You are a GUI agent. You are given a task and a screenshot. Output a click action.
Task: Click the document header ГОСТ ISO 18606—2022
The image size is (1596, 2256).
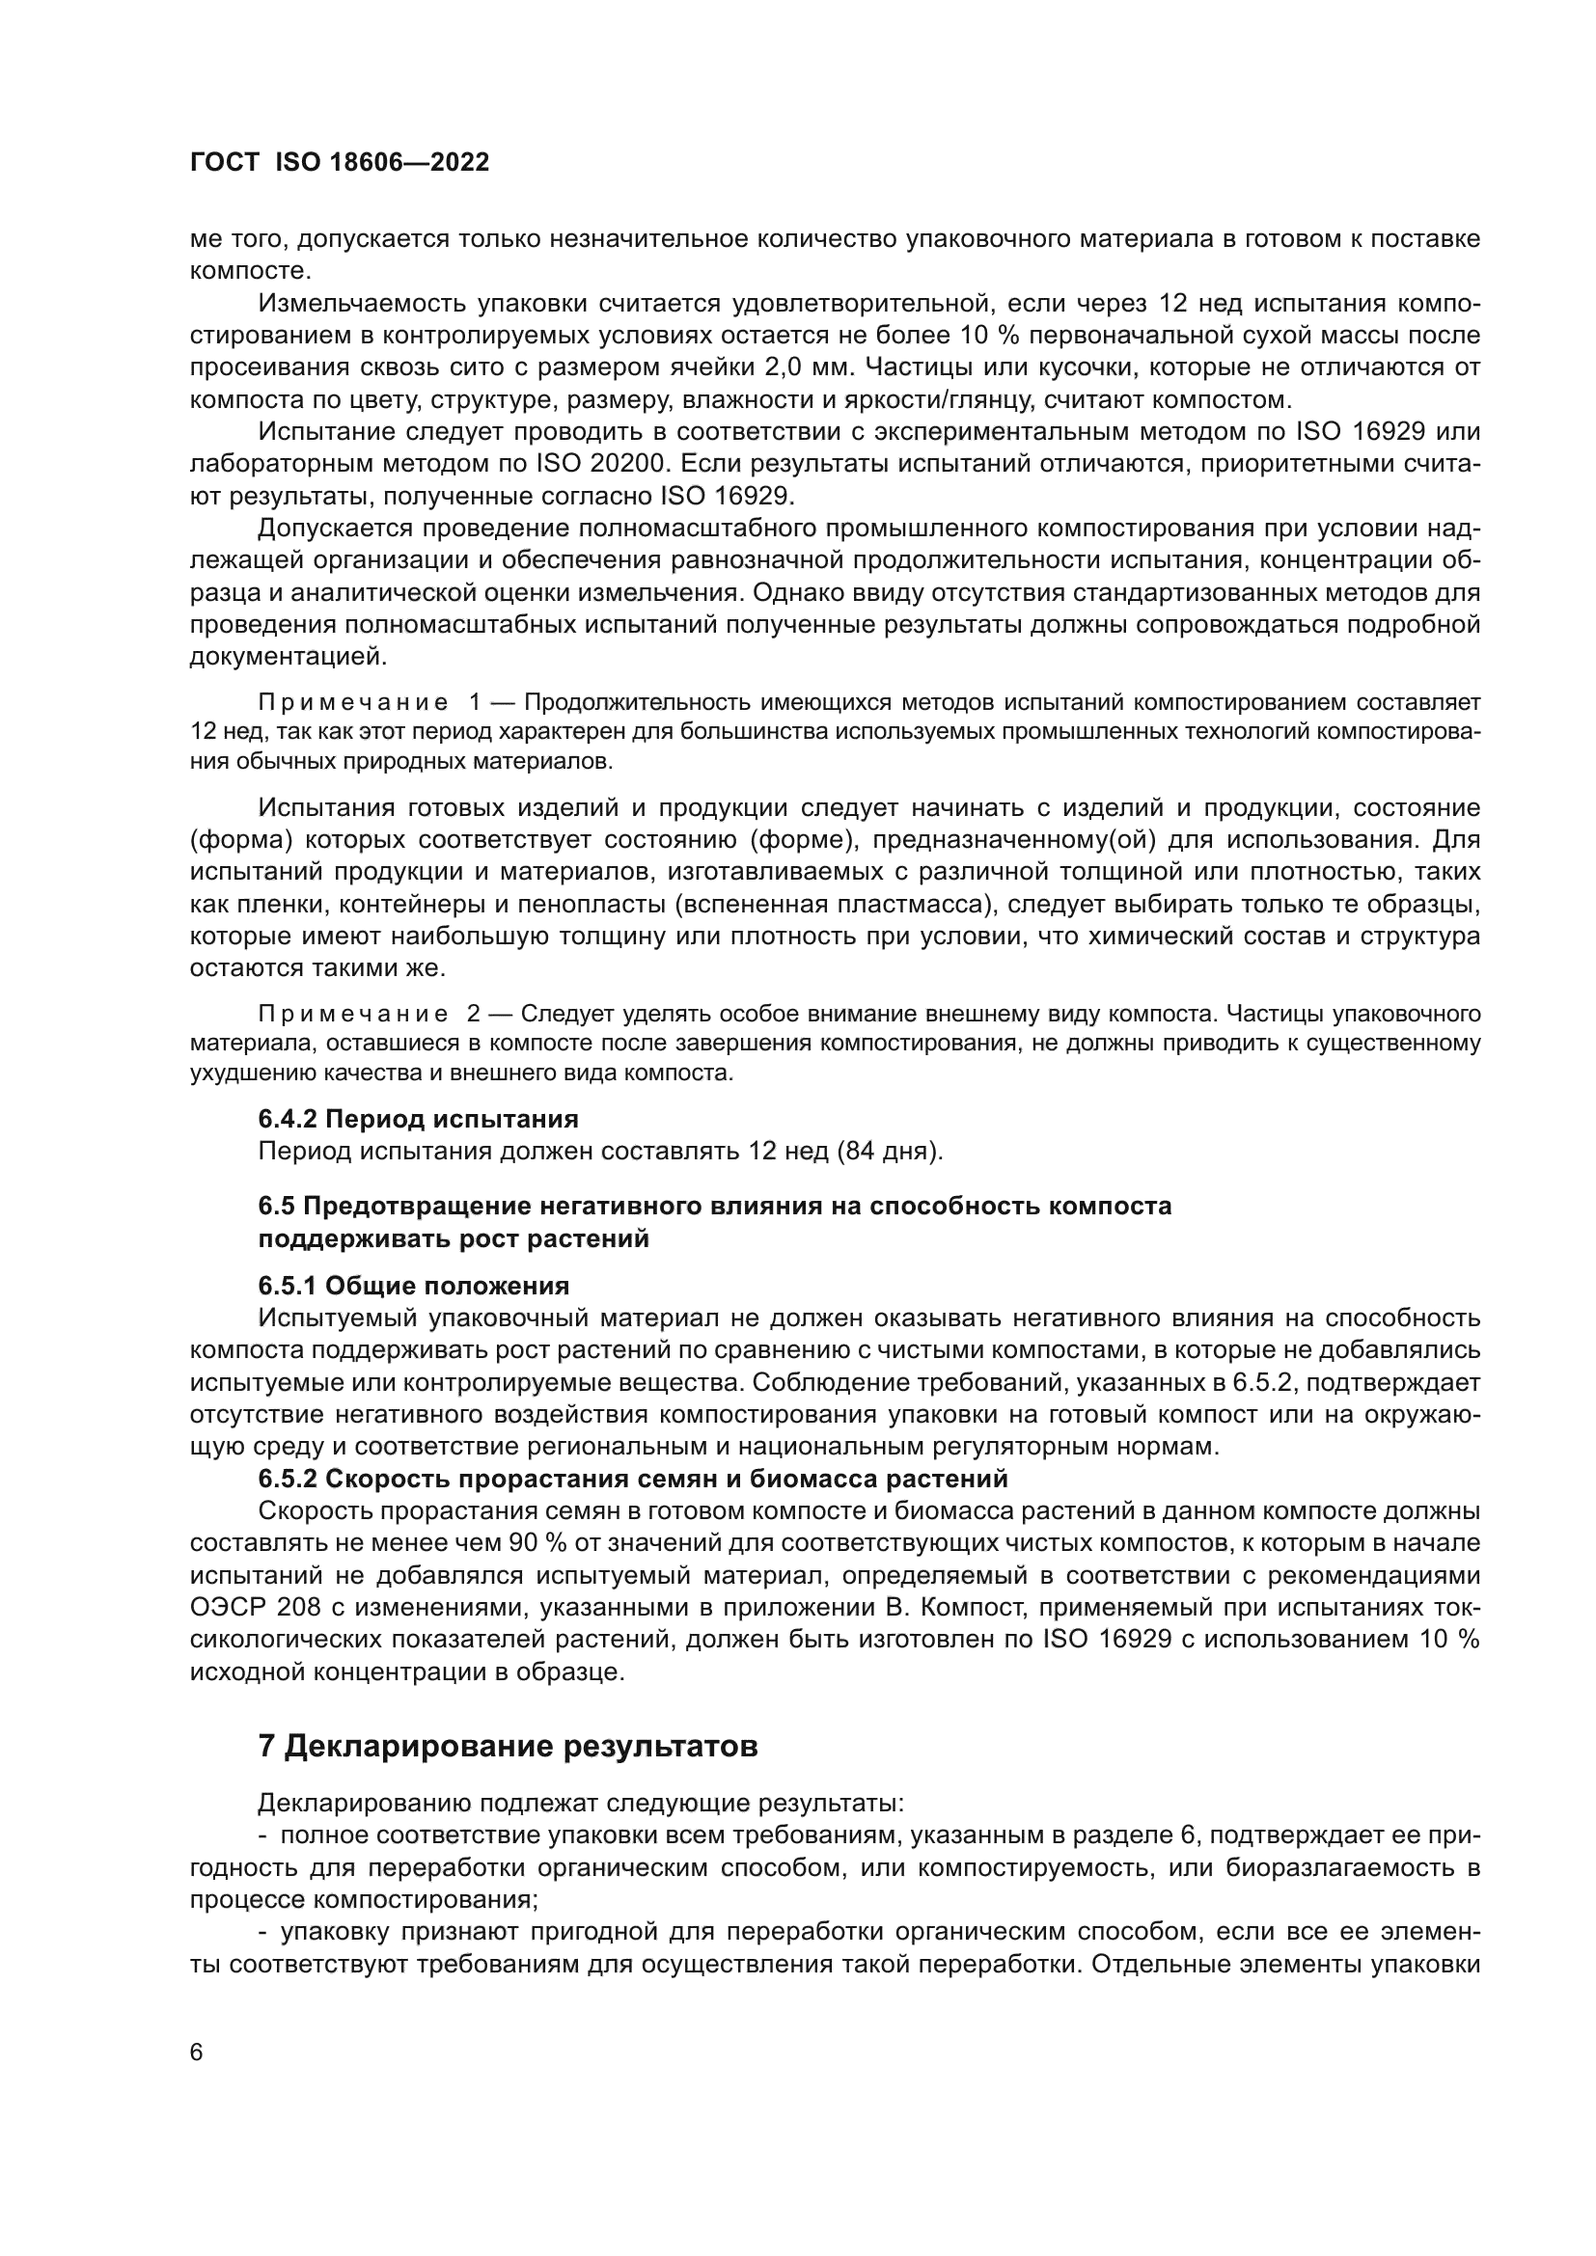pos(339,163)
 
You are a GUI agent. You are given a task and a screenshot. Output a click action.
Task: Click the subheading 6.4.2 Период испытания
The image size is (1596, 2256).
pos(418,1118)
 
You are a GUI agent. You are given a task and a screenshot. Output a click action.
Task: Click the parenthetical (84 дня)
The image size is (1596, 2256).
pos(891,1151)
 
